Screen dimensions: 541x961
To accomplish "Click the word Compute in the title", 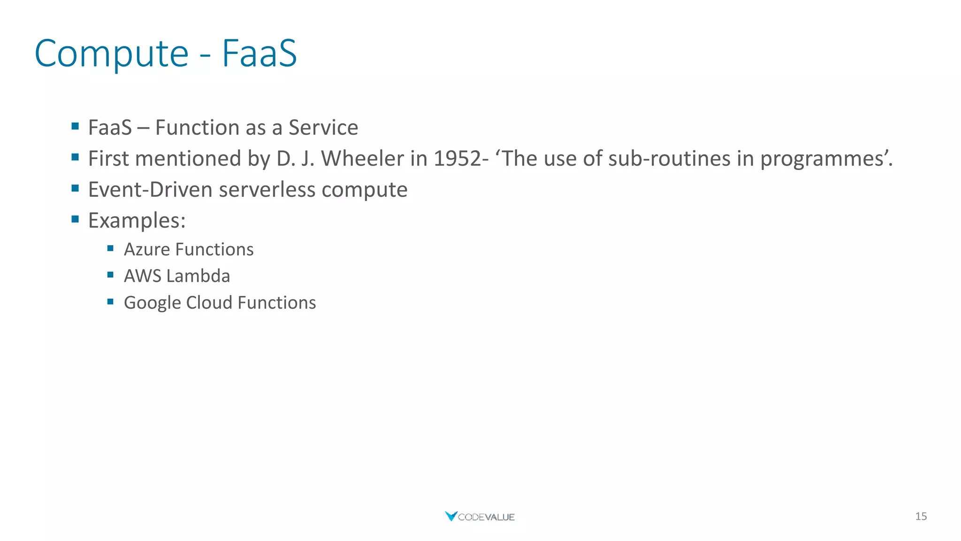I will click(112, 54).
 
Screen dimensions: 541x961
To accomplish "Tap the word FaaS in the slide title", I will click(259, 53).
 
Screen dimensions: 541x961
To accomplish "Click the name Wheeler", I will click(363, 159).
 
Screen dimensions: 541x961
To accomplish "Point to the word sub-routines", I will click(670, 159).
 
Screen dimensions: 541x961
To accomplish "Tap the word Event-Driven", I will click(150, 190).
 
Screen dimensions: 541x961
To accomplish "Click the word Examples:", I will click(137, 221).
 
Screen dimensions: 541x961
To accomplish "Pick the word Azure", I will click(147, 249).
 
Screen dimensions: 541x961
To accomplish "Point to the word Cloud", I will click(209, 303).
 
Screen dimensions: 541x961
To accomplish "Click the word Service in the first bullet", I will click(323, 128).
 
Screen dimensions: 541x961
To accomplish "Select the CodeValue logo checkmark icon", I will click(451, 516).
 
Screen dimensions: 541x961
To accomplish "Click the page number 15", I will click(921, 517).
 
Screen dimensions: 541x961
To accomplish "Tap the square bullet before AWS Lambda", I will click(110, 275).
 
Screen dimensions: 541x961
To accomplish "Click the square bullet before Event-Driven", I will click(75, 188).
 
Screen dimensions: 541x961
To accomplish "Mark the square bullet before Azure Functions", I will click(110, 248).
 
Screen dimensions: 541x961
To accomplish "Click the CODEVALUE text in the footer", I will click(486, 517).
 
